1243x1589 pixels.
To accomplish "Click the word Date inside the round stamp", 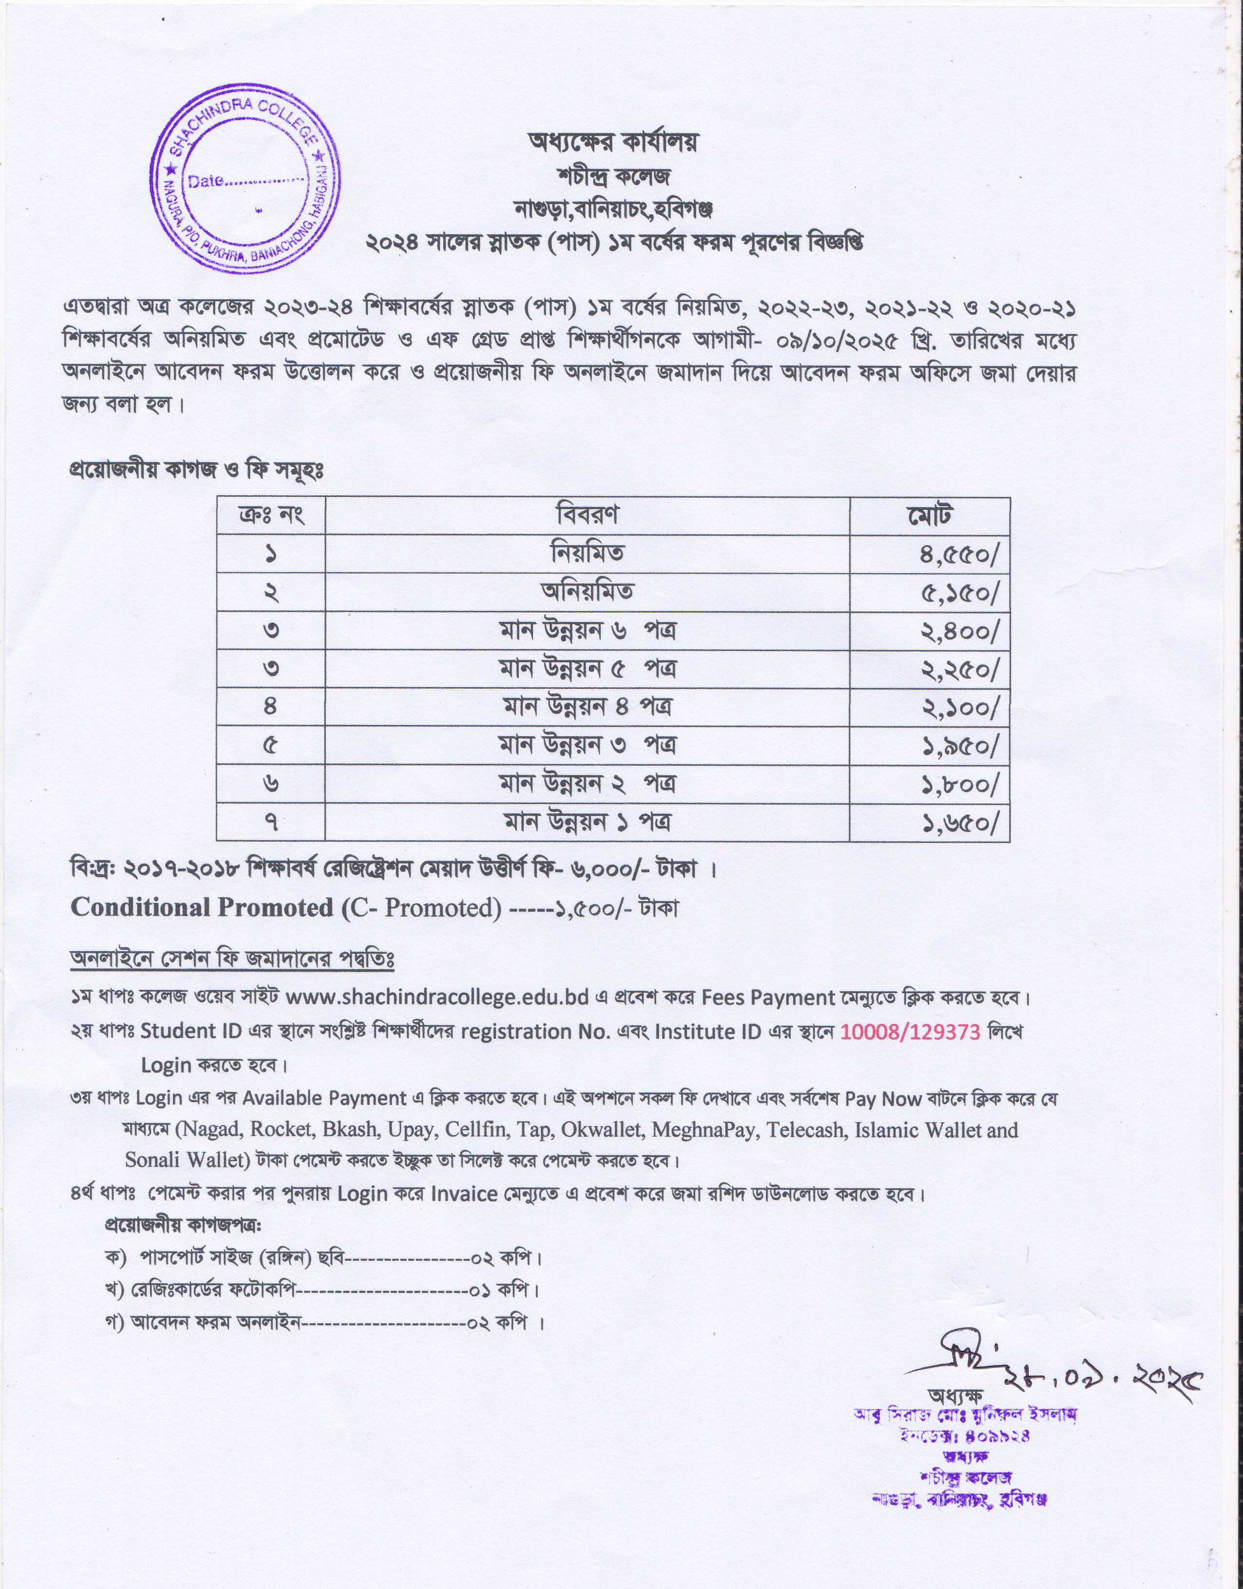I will [x=206, y=181].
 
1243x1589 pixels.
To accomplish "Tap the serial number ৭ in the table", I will [x=271, y=823].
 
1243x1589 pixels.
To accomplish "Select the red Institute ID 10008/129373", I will [x=910, y=1032].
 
